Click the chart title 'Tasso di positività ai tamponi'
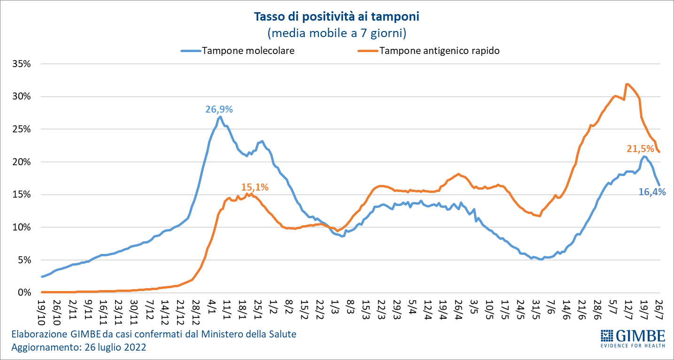(x=336, y=17)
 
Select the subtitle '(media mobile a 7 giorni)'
(x=336, y=33)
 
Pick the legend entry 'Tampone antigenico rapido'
(x=439, y=51)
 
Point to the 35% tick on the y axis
(x=22, y=64)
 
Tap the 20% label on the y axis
(x=22, y=162)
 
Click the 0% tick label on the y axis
(x=24, y=292)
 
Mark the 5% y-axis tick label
(x=24, y=260)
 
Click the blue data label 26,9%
(x=219, y=109)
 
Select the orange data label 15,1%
(x=255, y=187)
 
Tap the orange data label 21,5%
(x=640, y=149)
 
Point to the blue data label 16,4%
(x=652, y=191)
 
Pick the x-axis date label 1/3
(x=335, y=306)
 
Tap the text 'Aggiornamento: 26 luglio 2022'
(x=78, y=348)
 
